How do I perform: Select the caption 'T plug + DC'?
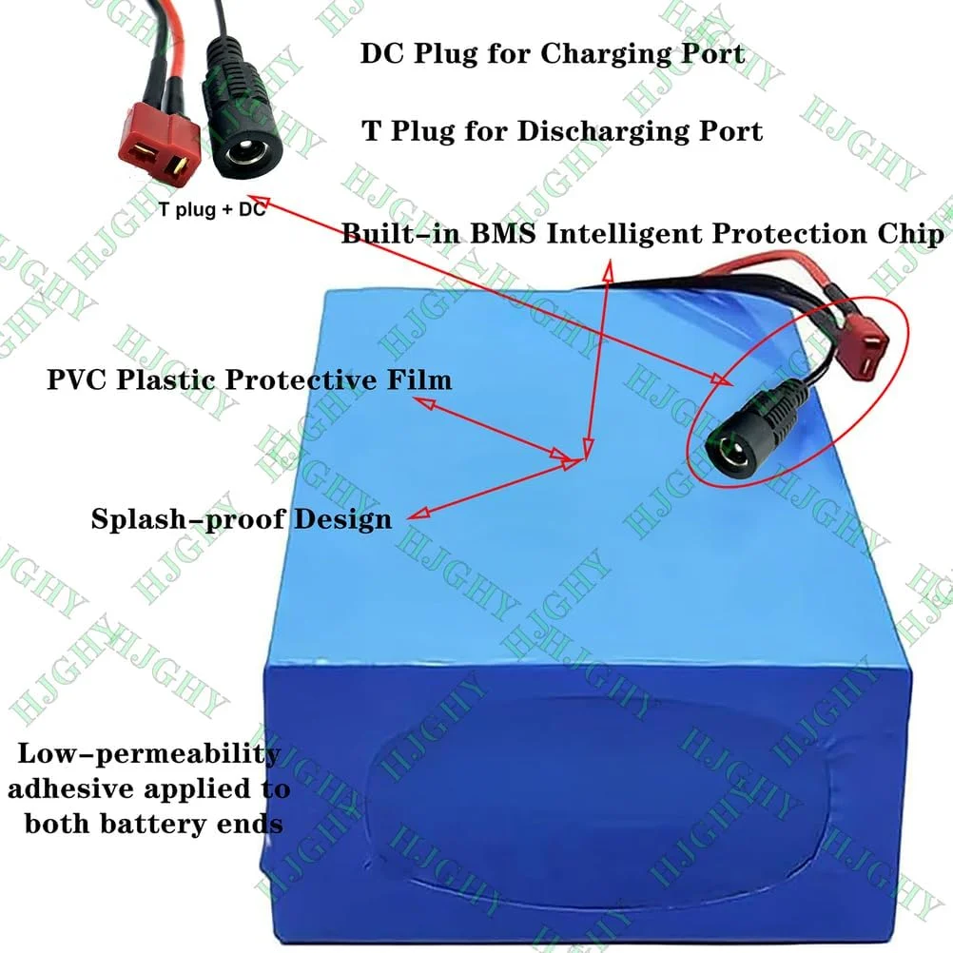212,211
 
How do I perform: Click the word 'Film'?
418,380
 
